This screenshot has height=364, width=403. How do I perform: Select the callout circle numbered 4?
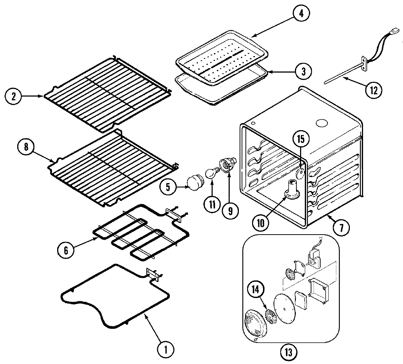pyautogui.click(x=301, y=14)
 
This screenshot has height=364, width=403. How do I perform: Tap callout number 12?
pyautogui.click(x=373, y=89)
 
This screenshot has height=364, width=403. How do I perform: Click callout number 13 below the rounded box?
pyautogui.click(x=288, y=353)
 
